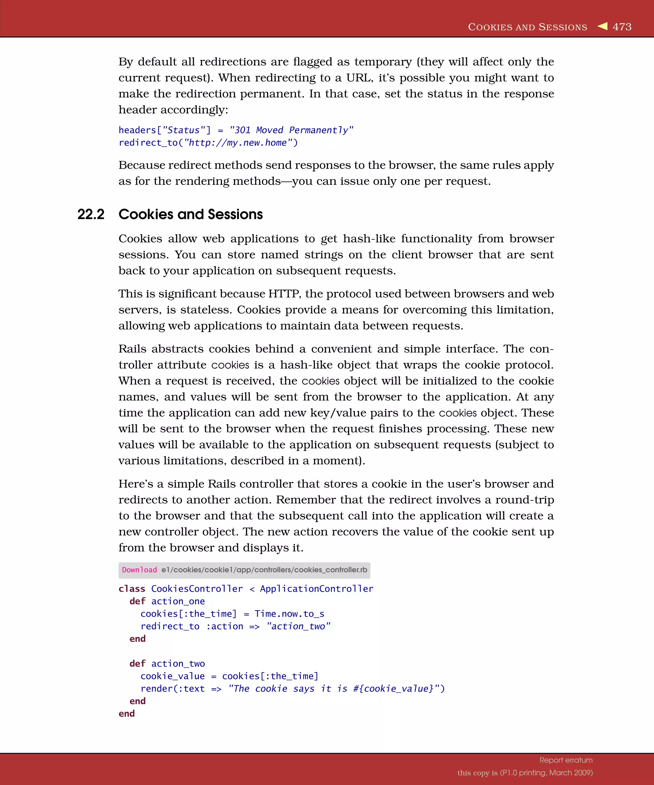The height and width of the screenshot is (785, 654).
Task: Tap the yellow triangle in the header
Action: (x=603, y=26)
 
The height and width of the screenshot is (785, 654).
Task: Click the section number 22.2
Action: (x=91, y=215)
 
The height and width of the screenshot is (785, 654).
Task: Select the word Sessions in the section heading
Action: (x=235, y=215)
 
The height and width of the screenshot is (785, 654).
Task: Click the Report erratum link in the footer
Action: (x=566, y=760)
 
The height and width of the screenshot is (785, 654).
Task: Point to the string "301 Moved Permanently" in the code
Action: (x=291, y=130)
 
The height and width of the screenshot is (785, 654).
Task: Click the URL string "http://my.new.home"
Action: (x=238, y=143)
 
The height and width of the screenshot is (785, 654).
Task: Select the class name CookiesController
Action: (x=197, y=589)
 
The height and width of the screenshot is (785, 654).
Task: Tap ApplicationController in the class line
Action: (x=316, y=589)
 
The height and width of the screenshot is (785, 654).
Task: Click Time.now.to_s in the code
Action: (x=289, y=614)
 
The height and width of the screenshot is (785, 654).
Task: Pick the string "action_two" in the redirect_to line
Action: (x=298, y=627)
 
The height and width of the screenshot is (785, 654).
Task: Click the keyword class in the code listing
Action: (x=132, y=589)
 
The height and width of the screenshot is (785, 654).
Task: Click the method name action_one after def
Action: (x=178, y=601)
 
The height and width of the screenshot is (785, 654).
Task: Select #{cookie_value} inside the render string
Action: (x=393, y=689)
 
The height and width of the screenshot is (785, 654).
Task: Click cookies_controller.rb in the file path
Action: (x=331, y=570)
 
